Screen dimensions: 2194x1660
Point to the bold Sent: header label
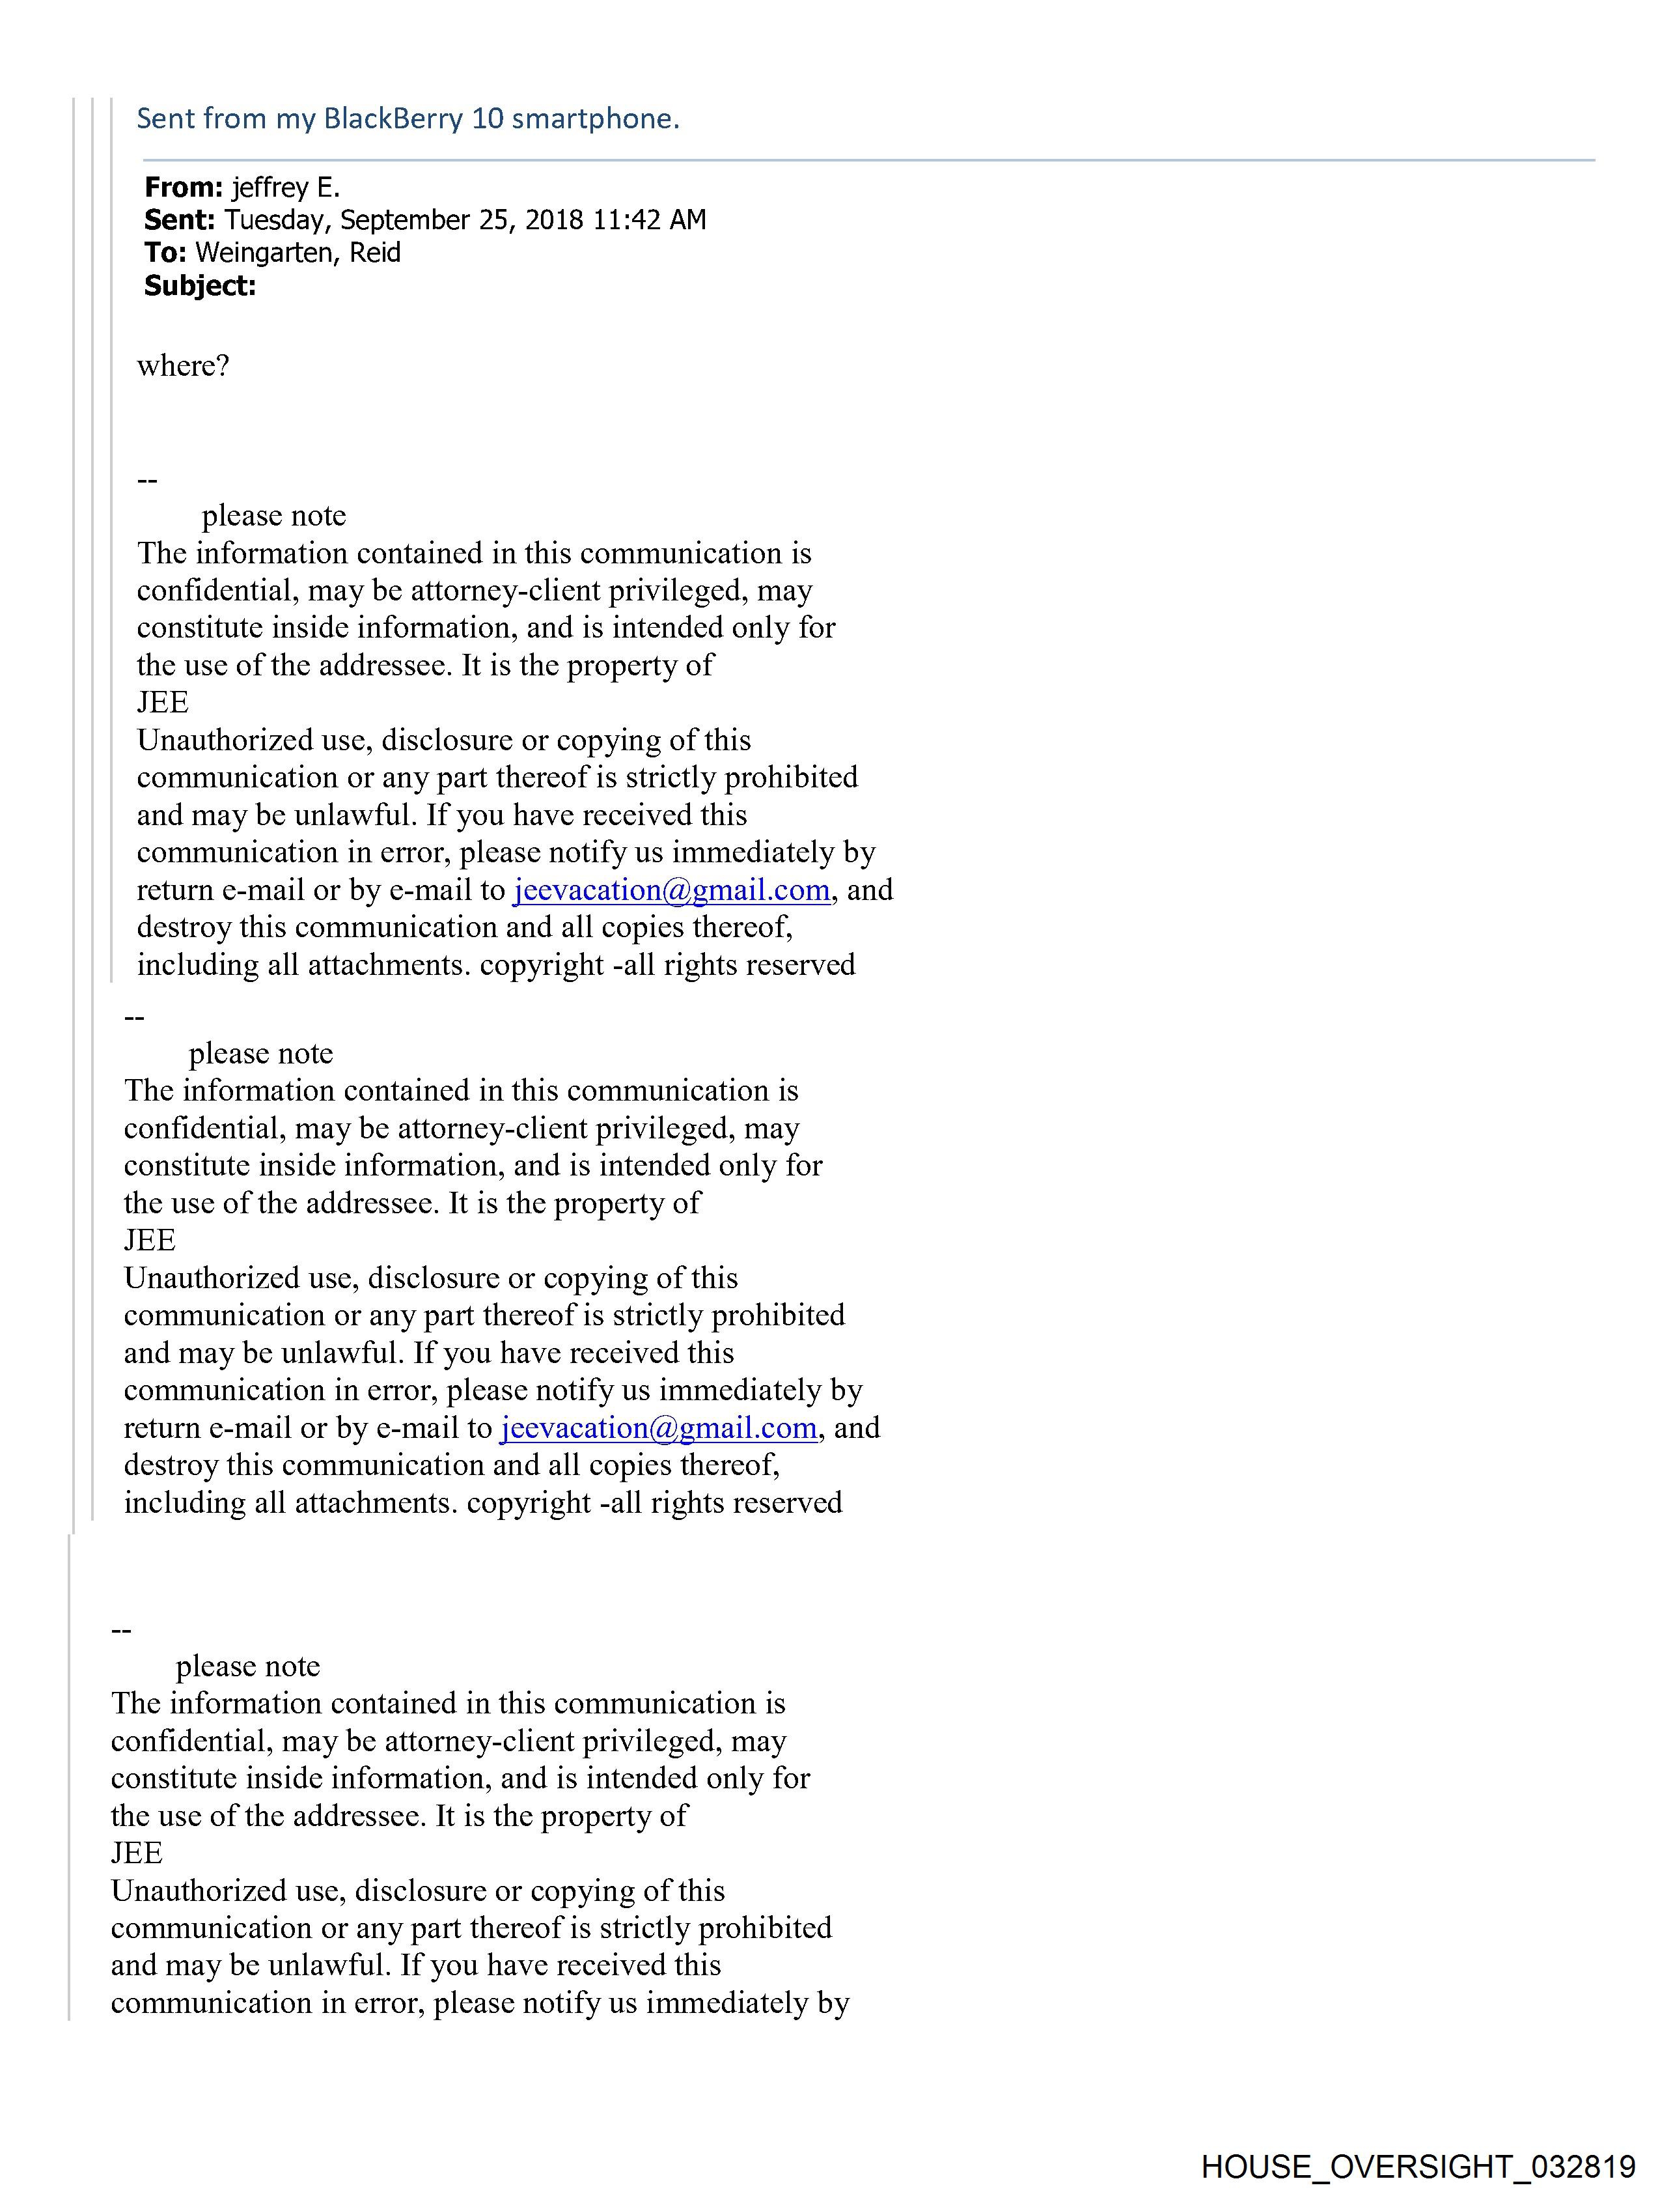click(x=180, y=219)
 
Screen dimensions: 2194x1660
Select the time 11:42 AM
click(x=650, y=219)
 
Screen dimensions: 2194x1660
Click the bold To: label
click(x=165, y=253)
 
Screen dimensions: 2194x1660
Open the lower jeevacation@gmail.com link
click(x=658, y=1428)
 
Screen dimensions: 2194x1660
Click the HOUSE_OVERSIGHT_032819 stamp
click(x=1418, y=2166)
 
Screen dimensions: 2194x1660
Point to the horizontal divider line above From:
click(x=868, y=160)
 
